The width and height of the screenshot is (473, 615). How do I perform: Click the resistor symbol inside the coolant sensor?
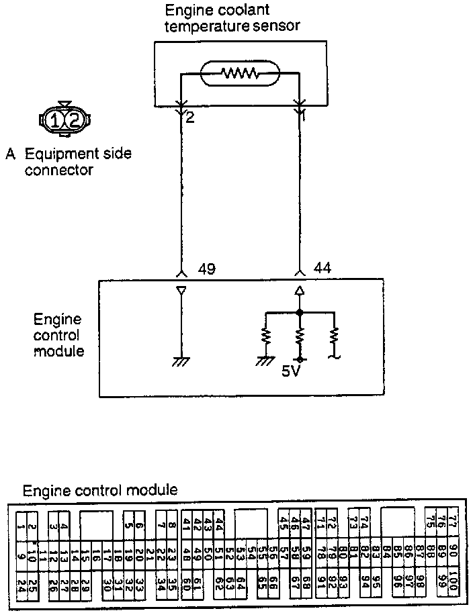tap(241, 73)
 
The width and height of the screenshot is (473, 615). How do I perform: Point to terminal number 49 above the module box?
tap(208, 269)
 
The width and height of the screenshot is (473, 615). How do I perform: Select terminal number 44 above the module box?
tap(322, 269)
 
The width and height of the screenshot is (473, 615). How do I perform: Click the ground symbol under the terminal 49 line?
tap(180, 362)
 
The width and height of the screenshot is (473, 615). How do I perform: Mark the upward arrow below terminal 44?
tap(300, 291)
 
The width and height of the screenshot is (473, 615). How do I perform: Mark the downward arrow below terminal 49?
tap(180, 291)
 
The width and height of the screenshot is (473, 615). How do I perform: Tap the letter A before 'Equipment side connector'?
tap(10, 154)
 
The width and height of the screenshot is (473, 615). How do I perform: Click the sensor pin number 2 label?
tap(190, 118)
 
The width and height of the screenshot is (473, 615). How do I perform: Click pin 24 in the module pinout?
tap(21, 584)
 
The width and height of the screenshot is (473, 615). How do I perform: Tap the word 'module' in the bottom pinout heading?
tap(154, 490)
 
